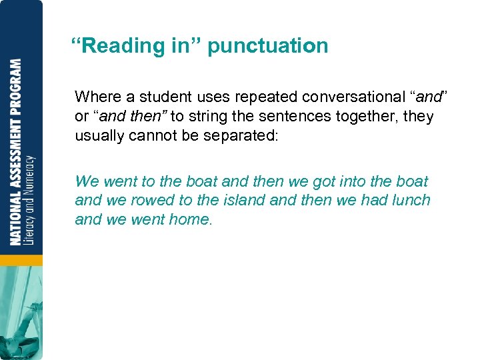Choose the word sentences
(x=289, y=116)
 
